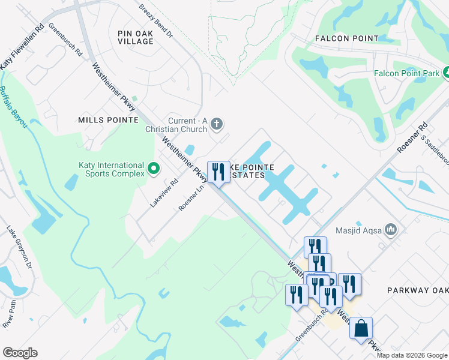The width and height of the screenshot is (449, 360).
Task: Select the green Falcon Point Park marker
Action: [x=447, y=73]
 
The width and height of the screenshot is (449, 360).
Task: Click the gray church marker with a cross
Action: [x=217, y=125]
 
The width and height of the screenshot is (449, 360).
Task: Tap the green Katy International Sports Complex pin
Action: [x=154, y=169]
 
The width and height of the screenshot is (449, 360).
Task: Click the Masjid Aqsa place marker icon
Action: [x=391, y=229]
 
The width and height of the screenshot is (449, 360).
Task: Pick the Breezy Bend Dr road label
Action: [x=155, y=22]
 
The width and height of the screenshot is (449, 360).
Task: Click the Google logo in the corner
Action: [x=20, y=353]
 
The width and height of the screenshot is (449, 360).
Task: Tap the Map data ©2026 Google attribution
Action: [x=411, y=355]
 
